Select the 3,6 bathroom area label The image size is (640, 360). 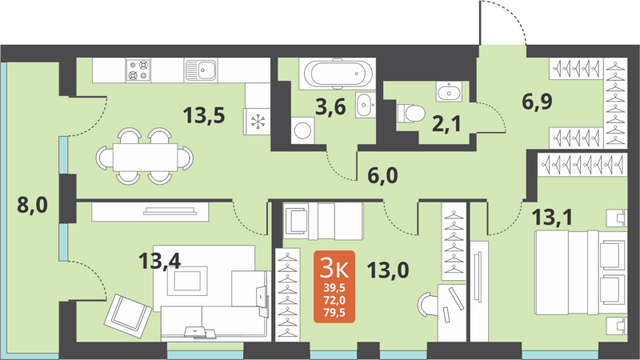pos(330,106)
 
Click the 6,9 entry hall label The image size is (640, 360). pos(538,102)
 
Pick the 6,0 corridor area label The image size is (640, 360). pos(382,176)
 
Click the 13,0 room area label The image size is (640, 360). pos(388,270)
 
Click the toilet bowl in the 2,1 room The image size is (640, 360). pos(413,113)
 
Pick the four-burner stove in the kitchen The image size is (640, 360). pos(138,70)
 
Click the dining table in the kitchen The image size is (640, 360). pos(145,154)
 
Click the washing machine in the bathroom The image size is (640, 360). pos(302,129)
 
